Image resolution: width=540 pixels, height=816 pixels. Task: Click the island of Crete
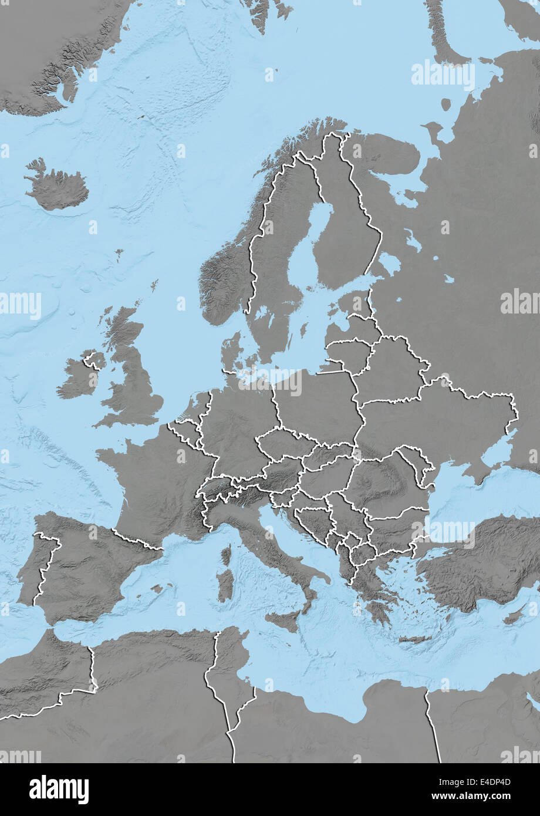pos(415,639)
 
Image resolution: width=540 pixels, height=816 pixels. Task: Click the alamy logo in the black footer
pos(59,789)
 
